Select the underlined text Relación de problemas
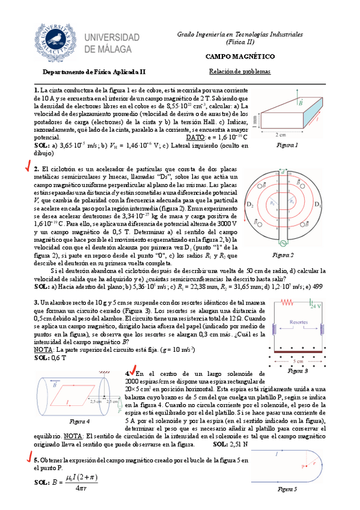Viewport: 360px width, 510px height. pyautogui.click(x=240, y=71)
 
